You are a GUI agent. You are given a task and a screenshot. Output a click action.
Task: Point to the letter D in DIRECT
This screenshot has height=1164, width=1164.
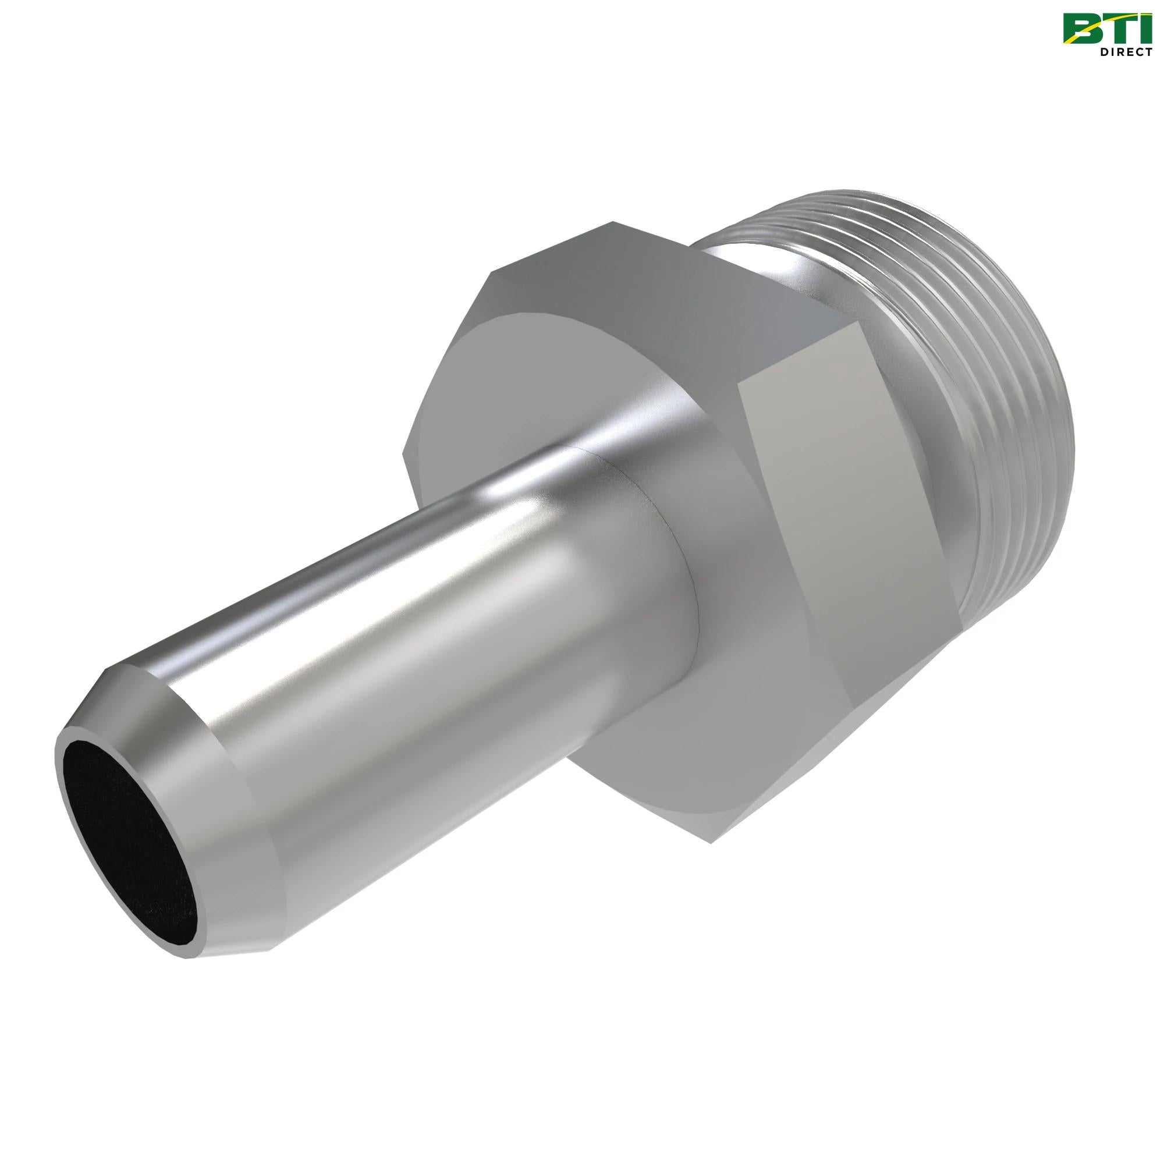(1098, 52)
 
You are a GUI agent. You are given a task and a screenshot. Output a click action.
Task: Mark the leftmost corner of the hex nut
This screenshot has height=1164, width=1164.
(405, 449)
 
